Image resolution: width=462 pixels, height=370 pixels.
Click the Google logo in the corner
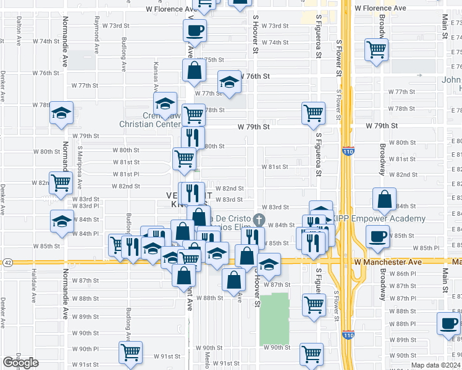point(20,363)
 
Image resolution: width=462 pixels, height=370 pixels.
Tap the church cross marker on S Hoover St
point(259,219)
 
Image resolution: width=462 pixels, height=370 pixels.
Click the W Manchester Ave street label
point(388,262)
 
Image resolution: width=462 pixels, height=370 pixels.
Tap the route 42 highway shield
point(6,262)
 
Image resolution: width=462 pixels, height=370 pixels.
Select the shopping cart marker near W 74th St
point(376,49)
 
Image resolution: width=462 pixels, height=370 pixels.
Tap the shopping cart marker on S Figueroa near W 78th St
point(314,112)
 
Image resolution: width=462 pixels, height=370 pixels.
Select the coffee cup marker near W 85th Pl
point(377,236)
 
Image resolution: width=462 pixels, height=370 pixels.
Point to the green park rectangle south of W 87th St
point(274,319)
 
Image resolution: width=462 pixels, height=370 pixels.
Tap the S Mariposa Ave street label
point(80,166)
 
